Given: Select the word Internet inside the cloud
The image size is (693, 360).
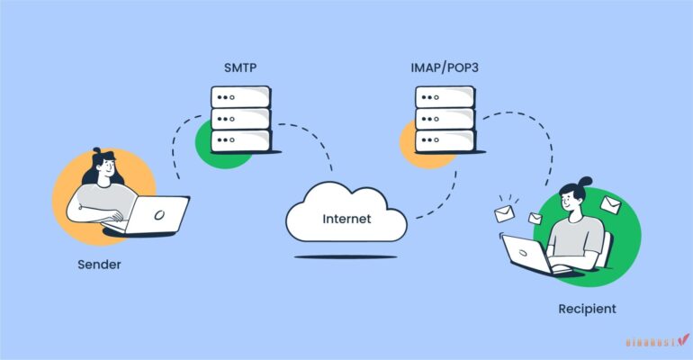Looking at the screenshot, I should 346,219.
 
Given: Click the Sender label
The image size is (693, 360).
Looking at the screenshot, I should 98,265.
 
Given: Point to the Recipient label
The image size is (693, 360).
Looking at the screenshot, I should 586,309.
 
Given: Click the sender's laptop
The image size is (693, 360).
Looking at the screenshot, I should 157,216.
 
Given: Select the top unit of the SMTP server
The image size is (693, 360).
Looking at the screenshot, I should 240,97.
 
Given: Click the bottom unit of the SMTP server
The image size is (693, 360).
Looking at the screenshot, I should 240,141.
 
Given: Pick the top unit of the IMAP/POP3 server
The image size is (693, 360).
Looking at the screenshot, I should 445,97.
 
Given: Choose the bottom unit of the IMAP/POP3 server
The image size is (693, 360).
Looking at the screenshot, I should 445,141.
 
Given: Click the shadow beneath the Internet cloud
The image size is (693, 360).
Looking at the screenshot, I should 346,256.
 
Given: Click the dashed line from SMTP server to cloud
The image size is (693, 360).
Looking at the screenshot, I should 310,144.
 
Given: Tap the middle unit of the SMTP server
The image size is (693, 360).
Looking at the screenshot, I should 240,119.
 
